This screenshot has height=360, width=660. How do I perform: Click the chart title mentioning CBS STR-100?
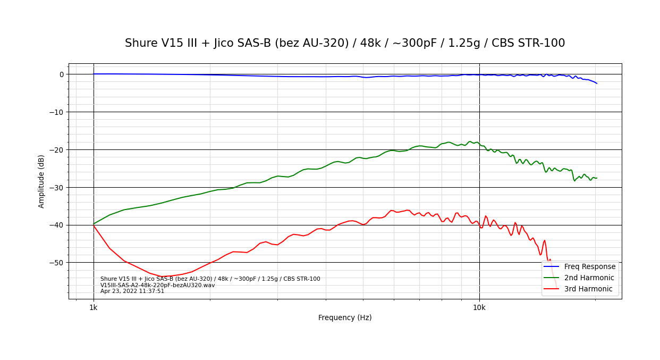[x=345, y=43]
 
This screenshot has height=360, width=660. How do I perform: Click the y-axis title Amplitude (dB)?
[x=41, y=181]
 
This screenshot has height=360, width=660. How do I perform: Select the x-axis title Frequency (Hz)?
[x=345, y=317]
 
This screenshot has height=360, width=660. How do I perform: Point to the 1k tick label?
[x=94, y=307]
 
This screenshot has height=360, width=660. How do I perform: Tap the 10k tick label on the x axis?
[x=479, y=307]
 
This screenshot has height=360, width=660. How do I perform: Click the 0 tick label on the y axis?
[x=62, y=74]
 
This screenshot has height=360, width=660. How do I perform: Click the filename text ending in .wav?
[x=158, y=285]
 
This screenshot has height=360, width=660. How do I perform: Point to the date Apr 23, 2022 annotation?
[x=132, y=291]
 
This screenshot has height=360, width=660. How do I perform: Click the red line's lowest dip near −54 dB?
[x=162, y=277]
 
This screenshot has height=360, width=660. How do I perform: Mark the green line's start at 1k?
[x=94, y=224]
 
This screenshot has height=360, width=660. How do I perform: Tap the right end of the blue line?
[x=597, y=83]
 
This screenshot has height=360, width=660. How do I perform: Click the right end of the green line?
[x=597, y=178]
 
